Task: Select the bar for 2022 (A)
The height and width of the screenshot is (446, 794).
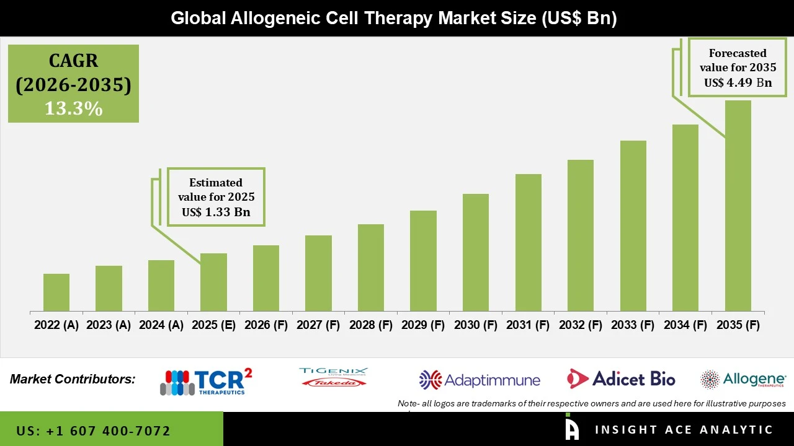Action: coord(56,292)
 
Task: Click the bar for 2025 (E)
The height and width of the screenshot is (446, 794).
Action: coord(213,282)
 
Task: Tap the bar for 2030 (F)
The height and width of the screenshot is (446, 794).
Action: coord(476,252)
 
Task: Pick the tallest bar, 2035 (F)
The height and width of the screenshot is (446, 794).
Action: coord(738,206)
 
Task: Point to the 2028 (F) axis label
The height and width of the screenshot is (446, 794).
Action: coord(371,325)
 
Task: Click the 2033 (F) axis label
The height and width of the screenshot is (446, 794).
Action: coord(633,325)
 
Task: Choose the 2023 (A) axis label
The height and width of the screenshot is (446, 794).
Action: coord(109,325)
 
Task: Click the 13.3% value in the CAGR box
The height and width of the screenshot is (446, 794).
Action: coord(73,109)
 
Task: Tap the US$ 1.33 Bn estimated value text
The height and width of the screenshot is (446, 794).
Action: coord(216,212)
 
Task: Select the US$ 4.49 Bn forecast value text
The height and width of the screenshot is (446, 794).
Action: coord(738,83)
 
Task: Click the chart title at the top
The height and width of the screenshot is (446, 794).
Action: coord(394,18)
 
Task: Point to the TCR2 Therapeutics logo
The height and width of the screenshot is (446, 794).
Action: coord(206,382)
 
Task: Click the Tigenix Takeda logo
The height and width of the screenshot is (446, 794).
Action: coord(333,377)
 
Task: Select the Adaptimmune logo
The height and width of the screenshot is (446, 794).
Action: coord(480,380)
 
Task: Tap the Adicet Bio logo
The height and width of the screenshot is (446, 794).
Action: coord(621,378)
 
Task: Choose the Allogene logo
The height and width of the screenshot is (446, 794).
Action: coord(743,379)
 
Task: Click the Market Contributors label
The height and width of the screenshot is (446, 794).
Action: coord(73,379)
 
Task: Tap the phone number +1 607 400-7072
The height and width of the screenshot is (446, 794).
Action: coord(93,431)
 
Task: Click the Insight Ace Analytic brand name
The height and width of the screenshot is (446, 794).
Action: coord(684,429)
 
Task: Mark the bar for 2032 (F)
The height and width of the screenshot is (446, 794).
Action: coord(581,235)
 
